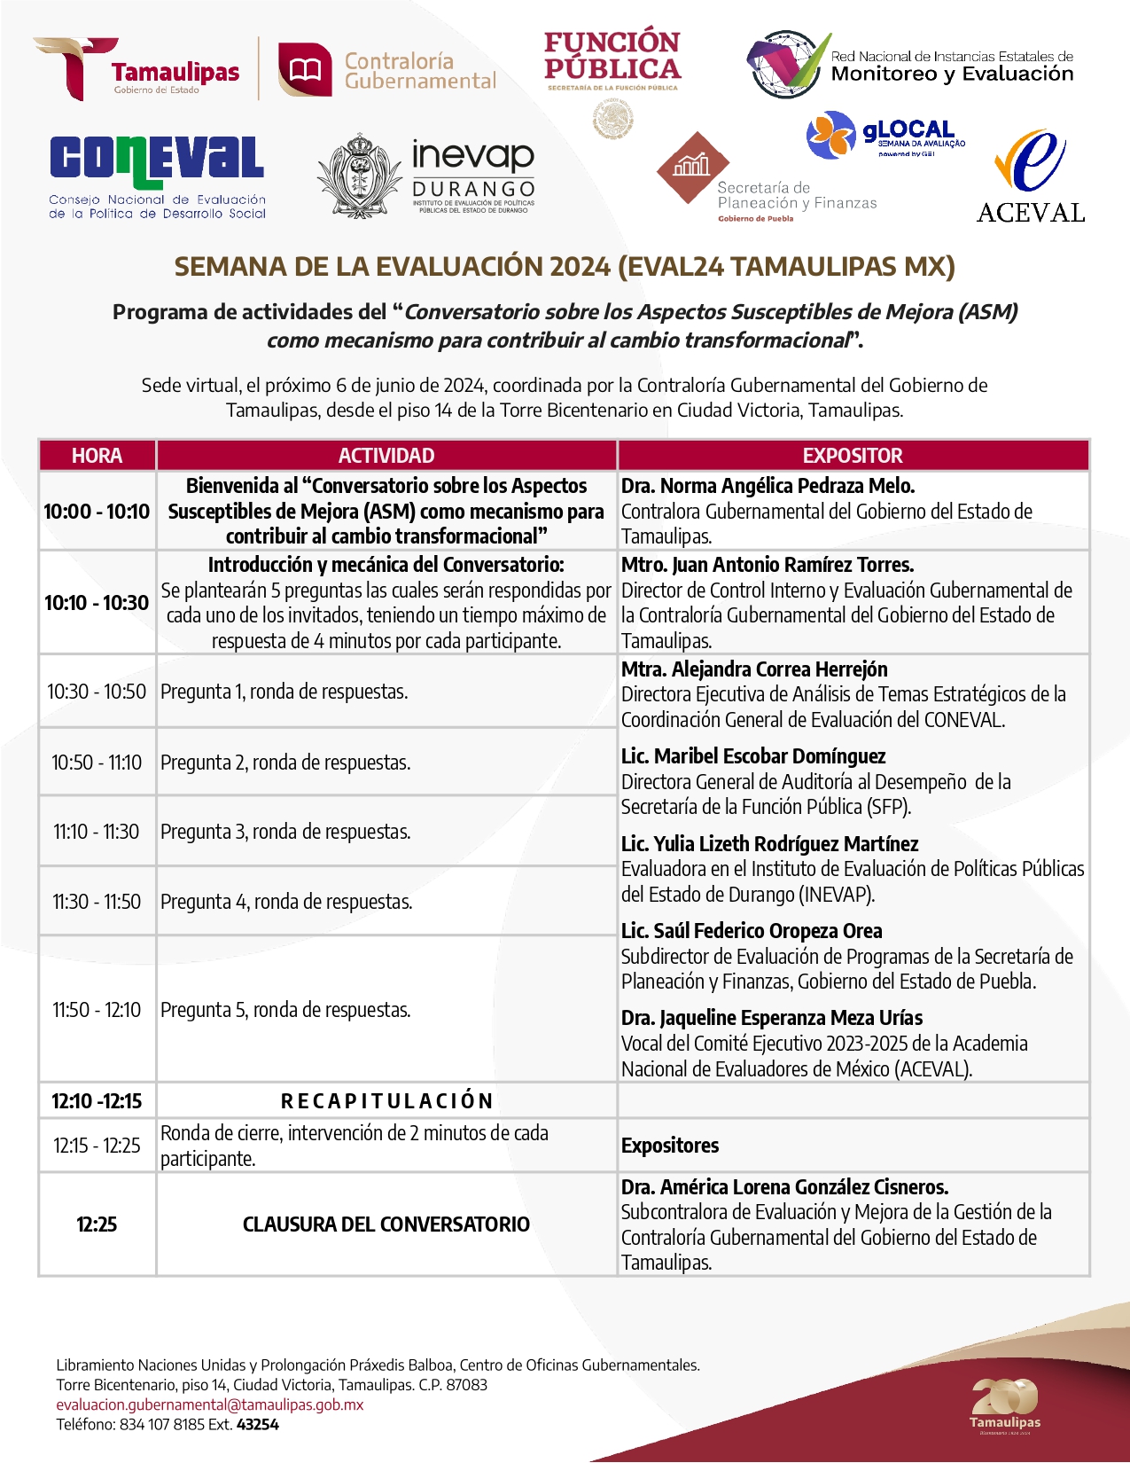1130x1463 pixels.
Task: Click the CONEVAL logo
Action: pyautogui.click(x=157, y=176)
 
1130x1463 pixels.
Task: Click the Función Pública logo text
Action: pyautogui.click(x=612, y=57)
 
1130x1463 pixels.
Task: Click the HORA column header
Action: pyautogui.click(x=97, y=456)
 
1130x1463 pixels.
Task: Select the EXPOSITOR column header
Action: pyautogui.click(x=853, y=456)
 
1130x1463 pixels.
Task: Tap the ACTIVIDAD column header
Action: pyautogui.click(x=386, y=456)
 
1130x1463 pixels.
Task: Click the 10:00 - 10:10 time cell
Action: pyautogui.click(x=97, y=512)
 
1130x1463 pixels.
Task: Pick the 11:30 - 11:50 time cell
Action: pyautogui.click(x=97, y=902)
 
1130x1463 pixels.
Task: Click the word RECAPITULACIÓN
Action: pyautogui.click(x=386, y=1101)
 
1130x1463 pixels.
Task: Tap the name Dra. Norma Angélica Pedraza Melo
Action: pyautogui.click(x=768, y=486)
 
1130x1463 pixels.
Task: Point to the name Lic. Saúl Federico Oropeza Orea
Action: pyautogui.click(x=752, y=931)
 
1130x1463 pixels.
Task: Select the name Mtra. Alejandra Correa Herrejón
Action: pyautogui.click(x=754, y=669)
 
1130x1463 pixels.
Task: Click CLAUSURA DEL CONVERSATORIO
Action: pyautogui.click(x=386, y=1224)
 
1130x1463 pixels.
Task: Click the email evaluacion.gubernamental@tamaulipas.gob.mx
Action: pyautogui.click(x=210, y=1404)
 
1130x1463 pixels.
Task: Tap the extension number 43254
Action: pyautogui.click(x=258, y=1425)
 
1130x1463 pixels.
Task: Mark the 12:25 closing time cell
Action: pyautogui.click(x=97, y=1224)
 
